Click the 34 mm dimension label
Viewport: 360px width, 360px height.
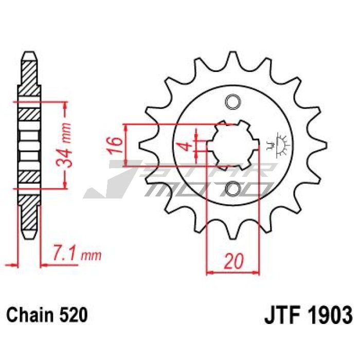(64, 145)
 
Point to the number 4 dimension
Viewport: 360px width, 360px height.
(188, 146)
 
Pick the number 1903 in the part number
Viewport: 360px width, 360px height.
(330, 315)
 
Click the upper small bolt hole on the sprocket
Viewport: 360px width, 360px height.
(233, 101)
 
